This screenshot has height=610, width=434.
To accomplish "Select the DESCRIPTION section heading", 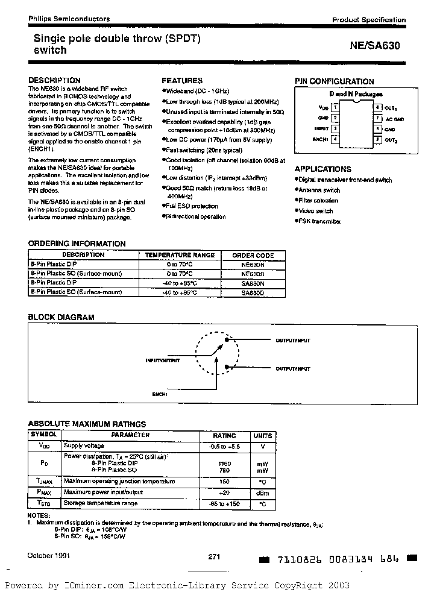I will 54,80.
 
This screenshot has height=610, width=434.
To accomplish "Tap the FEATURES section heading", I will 182,80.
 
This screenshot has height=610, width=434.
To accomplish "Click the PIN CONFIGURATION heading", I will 334,81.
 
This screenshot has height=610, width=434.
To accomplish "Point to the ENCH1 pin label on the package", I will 321,140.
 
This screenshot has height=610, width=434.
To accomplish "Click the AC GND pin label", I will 395,119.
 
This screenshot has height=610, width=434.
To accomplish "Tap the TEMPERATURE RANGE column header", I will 180,255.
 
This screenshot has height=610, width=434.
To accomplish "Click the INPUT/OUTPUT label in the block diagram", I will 162,360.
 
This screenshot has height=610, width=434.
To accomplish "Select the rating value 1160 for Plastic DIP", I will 224,463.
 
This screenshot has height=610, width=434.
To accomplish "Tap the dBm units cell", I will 263,492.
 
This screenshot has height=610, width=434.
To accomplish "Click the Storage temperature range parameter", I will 101,503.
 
